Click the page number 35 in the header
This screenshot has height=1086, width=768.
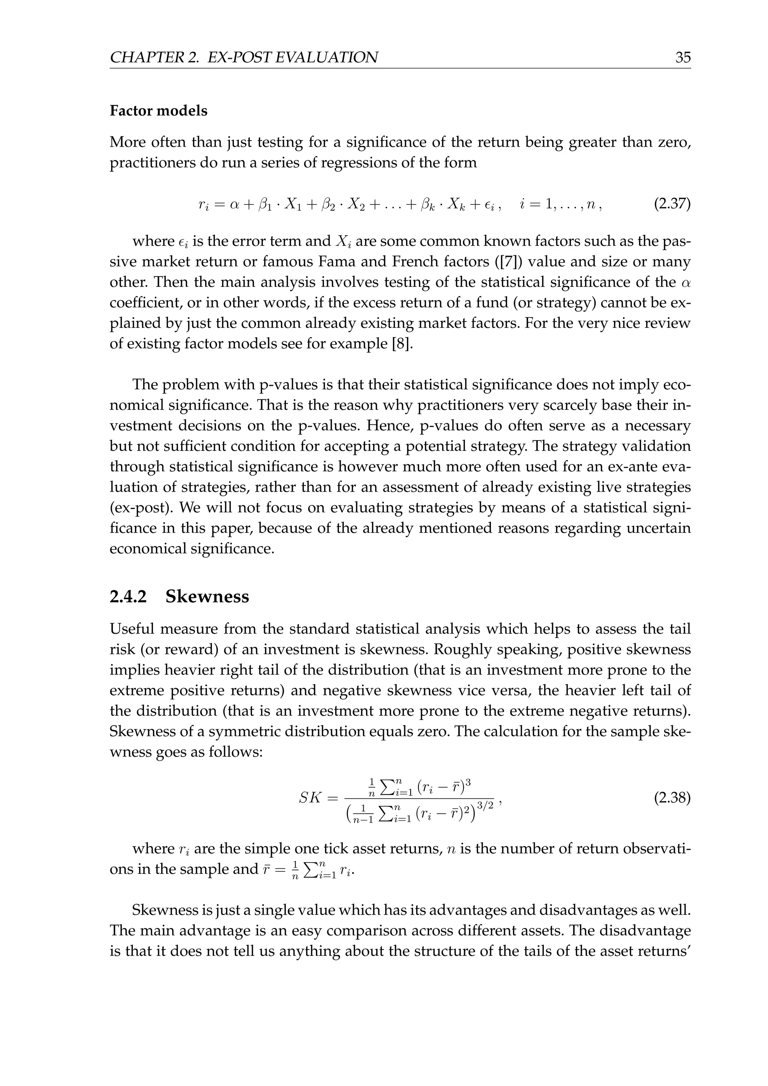point(682,58)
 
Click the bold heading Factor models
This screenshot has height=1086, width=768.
point(158,111)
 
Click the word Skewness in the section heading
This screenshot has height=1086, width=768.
point(207,597)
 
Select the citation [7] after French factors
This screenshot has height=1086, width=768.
point(474,262)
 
